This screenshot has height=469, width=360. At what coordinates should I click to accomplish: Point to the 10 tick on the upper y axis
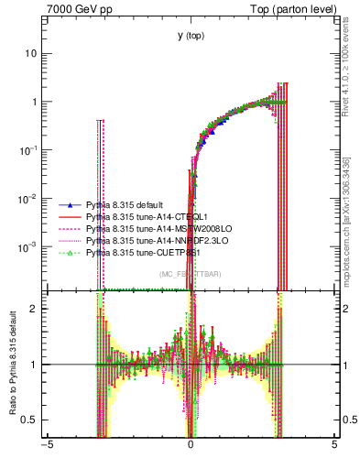31,53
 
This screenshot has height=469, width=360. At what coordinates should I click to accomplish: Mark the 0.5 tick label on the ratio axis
32,420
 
